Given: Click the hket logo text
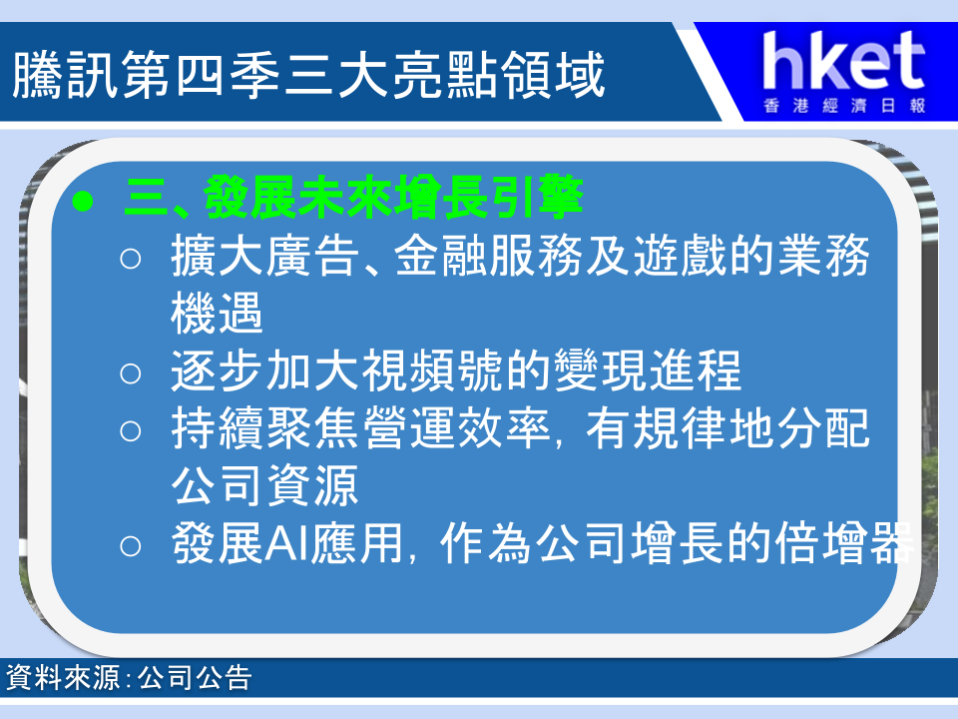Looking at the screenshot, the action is (x=844, y=61).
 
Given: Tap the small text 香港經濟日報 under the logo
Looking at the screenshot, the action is (x=845, y=106).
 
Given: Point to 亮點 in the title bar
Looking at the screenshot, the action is (x=445, y=75).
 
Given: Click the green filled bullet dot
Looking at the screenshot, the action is (x=83, y=201).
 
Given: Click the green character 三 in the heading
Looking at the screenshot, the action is (x=146, y=198).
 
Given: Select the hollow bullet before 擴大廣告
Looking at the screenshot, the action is (x=130, y=259).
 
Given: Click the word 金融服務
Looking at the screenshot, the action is (x=488, y=257).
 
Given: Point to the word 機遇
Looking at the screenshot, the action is (x=217, y=313).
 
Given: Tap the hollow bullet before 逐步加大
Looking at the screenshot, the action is (x=130, y=373).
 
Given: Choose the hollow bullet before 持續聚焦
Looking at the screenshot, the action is (x=130, y=431).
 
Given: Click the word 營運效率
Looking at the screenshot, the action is (x=456, y=428).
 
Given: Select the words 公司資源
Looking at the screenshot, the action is (x=264, y=485).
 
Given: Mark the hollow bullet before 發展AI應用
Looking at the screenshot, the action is (x=130, y=546).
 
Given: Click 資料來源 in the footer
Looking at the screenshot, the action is (x=63, y=677).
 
